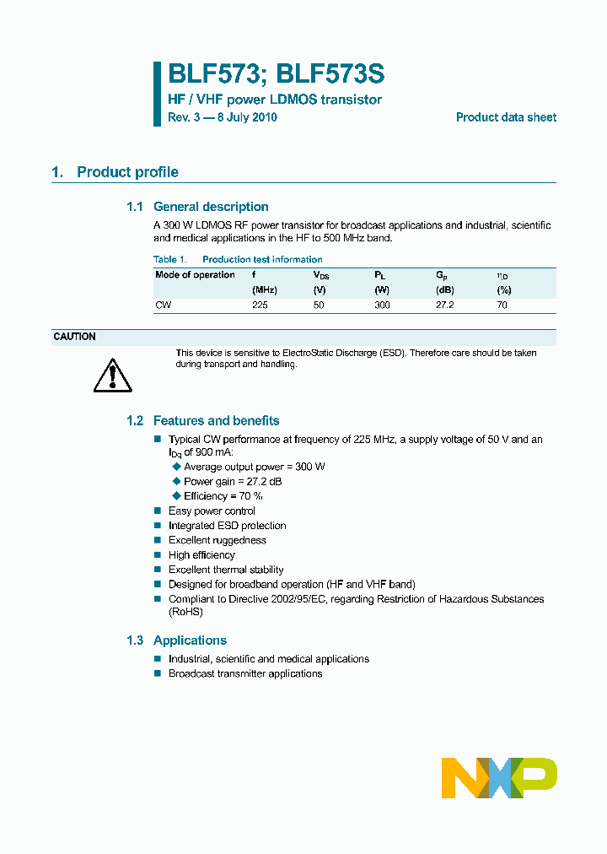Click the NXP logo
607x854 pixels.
point(499,777)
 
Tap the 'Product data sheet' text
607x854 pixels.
point(506,117)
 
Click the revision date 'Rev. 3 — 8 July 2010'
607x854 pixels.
point(223,117)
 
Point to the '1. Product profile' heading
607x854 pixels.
point(115,172)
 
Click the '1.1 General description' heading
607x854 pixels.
point(197,207)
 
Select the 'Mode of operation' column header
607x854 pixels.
point(195,275)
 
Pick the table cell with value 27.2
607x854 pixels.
point(444,305)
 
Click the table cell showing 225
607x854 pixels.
point(260,305)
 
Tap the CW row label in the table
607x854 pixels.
point(163,305)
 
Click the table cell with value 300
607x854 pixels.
point(382,305)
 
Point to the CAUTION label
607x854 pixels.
point(74,337)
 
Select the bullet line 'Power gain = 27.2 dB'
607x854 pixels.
point(233,481)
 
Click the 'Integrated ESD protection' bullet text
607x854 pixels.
point(227,526)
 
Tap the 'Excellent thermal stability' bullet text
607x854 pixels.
point(226,570)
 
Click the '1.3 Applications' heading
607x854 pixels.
point(176,640)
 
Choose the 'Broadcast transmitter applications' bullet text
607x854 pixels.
point(245,673)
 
